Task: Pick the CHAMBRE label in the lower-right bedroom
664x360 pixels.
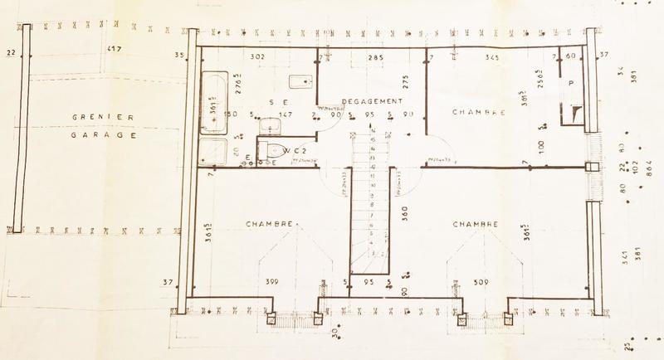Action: (475, 225)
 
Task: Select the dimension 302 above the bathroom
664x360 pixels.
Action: (257, 57)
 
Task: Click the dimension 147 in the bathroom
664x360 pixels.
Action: (286, 114)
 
